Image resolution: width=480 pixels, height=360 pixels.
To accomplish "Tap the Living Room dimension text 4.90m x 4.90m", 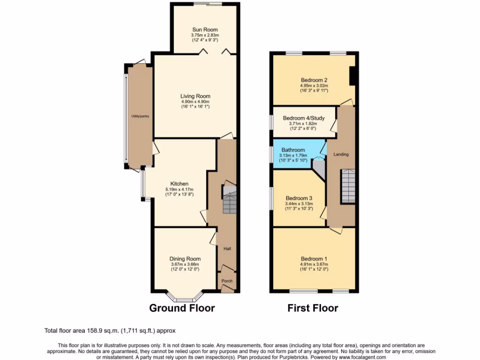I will point(195,102).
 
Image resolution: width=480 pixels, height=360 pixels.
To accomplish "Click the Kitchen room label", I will point(179,184).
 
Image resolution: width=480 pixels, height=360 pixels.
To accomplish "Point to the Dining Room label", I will point(185,259).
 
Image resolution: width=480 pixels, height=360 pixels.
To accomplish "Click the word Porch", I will point(227,281).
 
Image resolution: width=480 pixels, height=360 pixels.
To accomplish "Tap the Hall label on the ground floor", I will point(227,249).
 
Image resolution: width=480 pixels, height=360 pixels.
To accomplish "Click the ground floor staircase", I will point(229,199).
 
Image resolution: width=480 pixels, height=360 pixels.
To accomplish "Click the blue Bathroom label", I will point(293,150).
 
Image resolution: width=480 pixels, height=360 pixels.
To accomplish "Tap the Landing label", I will point(341,154).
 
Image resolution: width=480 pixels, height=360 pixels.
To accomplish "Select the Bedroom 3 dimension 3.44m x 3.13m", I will point(299,204).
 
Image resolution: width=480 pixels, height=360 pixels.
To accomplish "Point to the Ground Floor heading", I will point(182,308).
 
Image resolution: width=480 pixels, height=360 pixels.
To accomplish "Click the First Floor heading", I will point(313,308).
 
